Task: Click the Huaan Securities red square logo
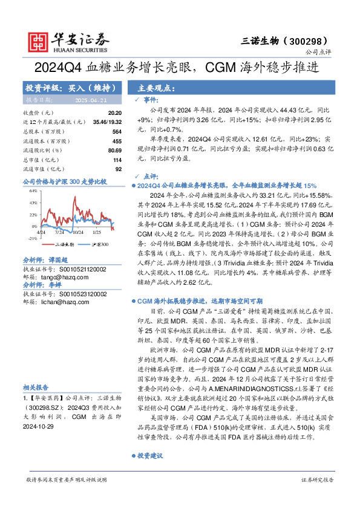[x=39, y=40]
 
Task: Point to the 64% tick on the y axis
[x=33, y=191]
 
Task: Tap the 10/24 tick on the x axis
[x=78, y=232]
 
